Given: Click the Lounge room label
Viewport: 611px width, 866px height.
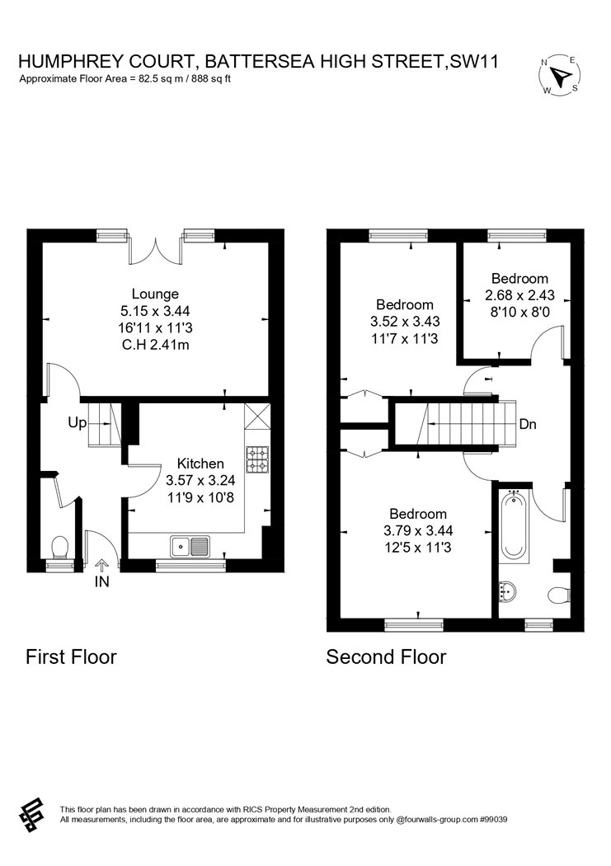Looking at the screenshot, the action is (155, 294).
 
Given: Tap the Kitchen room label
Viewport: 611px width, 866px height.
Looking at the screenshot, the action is (200, 464).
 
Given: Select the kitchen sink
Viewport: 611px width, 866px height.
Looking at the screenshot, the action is (190, 546).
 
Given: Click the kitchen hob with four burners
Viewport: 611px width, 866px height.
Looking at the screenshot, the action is (257, 459).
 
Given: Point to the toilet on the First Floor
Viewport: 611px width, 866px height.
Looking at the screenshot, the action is (59, 548).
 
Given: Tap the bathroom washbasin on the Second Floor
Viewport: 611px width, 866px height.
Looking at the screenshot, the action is (508, 592).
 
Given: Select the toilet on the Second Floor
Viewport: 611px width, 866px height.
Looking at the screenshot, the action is (560, 595).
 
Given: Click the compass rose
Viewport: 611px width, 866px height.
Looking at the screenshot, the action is (560, 75).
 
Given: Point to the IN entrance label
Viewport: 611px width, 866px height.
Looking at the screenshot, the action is (101, 581).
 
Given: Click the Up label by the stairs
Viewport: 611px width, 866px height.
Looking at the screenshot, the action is (78, 423).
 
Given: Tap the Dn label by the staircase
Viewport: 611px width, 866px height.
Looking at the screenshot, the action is (528, 424).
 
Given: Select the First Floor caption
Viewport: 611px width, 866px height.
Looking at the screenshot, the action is (71, 657).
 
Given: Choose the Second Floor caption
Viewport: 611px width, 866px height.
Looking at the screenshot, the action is (387, 657).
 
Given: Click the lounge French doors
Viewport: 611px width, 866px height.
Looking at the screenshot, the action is (156, 250).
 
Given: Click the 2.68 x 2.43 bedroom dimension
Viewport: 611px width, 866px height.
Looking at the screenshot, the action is (520, 295).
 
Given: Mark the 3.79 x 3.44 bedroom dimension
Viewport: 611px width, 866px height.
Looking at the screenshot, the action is (418, 531).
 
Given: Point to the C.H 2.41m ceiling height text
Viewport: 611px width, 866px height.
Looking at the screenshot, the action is (155, 346).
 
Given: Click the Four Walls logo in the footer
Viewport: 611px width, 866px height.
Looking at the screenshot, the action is (31, 815).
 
